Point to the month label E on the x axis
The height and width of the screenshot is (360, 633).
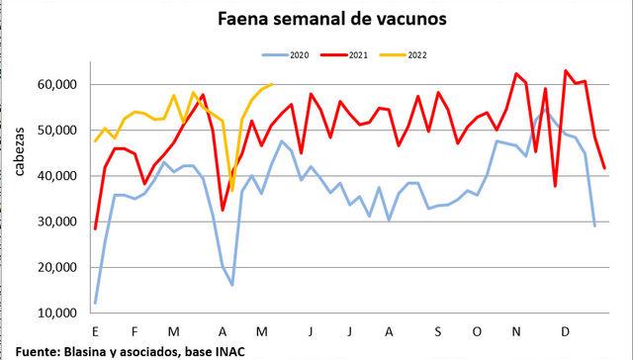[95, 331]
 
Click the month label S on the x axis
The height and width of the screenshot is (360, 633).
[436, 331]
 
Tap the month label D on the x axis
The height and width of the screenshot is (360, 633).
[565, 331]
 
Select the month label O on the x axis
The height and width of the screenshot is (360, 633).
[479, 331]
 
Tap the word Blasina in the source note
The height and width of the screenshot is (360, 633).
[87, 350]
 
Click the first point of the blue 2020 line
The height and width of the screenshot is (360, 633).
[95, 303]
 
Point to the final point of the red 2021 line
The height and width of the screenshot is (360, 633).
[604, 168]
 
